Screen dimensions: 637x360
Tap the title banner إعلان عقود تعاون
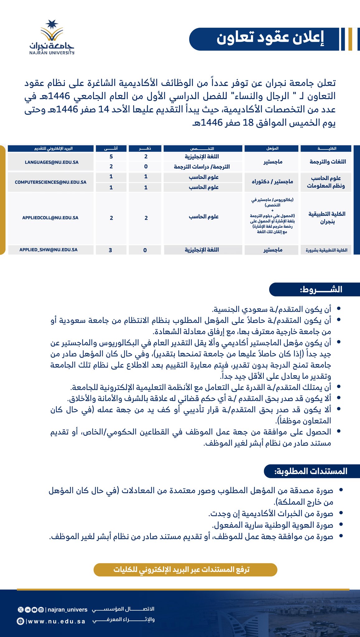pyautogui.click(x=270, y=39)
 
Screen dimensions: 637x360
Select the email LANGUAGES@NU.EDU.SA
pyautogui.click(x=52, y=162)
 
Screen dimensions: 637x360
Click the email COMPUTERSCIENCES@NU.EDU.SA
pyautogui.click(x=50, y=182)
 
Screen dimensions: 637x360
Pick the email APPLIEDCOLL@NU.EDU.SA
pyautogui.click(x=50, y=218)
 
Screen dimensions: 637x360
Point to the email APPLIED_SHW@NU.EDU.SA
pyautogui.click(x=49, y=250)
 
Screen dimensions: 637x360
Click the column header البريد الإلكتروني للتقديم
pyautogui.click(x=54, y=148)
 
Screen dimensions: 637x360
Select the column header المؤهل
pyautogui.click(x=272, y=148)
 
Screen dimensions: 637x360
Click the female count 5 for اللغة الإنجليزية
pyautogui.click(x=111, y=156)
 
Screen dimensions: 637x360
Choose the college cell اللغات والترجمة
pyautogui.click(x=328, y=161)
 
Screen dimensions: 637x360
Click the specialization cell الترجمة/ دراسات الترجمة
pyautogui.click(x=202, y=167)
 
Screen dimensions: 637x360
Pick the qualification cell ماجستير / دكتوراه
pyautogui.click(x=272, y=181)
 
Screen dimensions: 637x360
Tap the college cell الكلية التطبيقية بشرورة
pyautogui.click(x=326, y=250)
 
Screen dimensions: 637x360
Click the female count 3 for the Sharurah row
pyautogui.click(x=110, y=250)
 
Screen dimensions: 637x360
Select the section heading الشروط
pyautogui.click(x=321, y=290)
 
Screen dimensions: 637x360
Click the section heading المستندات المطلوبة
pyautogui.click(x=311, y=471)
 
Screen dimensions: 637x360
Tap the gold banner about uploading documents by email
pyautogui.click(x=185, y=570)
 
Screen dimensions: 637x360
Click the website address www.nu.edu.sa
pyautogui.click(x=56, y=621)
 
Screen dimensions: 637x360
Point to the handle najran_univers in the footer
pyautogui.click(x=67, y=610)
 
